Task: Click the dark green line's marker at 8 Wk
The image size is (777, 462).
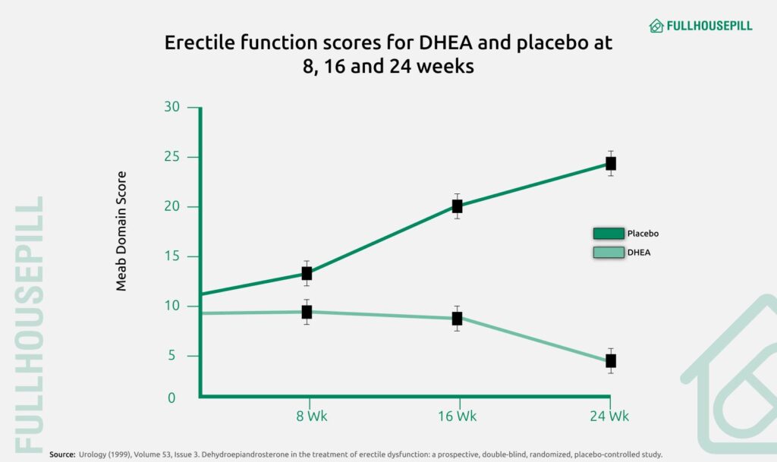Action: [307, 273]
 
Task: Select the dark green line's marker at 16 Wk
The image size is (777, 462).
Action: [457, 206]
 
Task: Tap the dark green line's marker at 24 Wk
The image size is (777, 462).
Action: [610, 164]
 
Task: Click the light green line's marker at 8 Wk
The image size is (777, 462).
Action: [307, 312]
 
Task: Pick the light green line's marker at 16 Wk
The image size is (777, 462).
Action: [457, 318]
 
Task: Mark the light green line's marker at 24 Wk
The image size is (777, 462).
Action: [610, 360]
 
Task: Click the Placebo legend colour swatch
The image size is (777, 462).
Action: [608, 234]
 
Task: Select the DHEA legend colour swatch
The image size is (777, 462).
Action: [608, 253]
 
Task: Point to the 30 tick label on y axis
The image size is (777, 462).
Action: [171, 107]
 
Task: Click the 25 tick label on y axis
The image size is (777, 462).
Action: [171, 157]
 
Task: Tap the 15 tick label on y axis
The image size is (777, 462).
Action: [171, 256]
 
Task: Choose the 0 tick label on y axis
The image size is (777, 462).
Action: [171, 398]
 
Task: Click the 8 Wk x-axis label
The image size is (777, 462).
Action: [311, 416]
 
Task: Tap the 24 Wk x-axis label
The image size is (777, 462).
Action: [609, 416]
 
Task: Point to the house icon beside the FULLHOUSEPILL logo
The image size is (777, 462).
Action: [656, 26]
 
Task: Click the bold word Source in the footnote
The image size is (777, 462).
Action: [61, 454]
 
